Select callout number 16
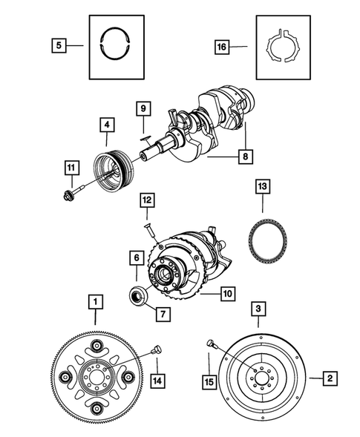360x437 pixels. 221,46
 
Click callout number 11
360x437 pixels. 71,168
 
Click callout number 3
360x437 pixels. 257,308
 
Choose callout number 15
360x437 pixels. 210,382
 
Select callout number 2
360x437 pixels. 332,378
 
